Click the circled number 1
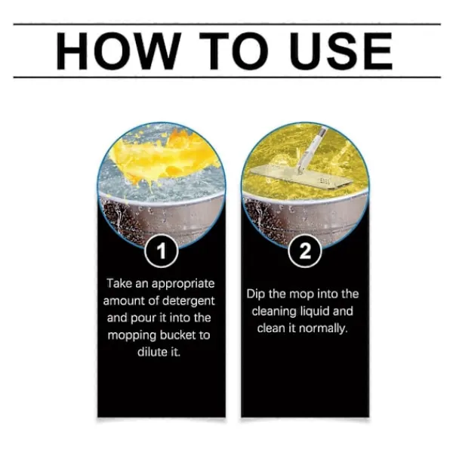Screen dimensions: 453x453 coord(162,251)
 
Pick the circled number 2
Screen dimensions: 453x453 coord(305,251)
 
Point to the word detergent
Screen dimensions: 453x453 coord(189,301)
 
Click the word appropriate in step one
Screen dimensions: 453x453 coord(183,285)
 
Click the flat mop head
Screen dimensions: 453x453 coord(301,177)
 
